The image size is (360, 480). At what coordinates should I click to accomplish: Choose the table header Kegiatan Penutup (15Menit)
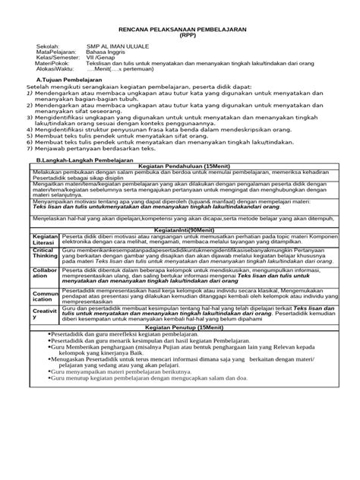188,305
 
